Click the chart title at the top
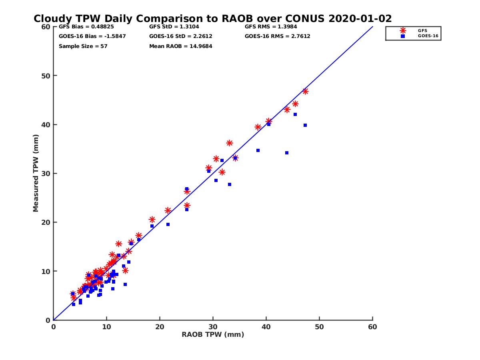click(212, 18)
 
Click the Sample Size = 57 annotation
click(83, 46)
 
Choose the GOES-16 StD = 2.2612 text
click(180, 36)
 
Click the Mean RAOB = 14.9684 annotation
click(180, 46)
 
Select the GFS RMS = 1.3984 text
click(271, 27)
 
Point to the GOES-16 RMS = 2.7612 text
click(277, 36)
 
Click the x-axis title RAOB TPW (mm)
click(213, 335)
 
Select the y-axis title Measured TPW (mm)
click(36, 173)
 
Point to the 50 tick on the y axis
click(46, 76)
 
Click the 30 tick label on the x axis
click(213, 327)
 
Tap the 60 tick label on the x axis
click(372, 327)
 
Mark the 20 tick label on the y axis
click(46, 222)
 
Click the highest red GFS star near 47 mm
click(305, 91)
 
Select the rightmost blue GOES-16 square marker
click(305, 125)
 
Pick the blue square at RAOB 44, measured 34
click(287, 153)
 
